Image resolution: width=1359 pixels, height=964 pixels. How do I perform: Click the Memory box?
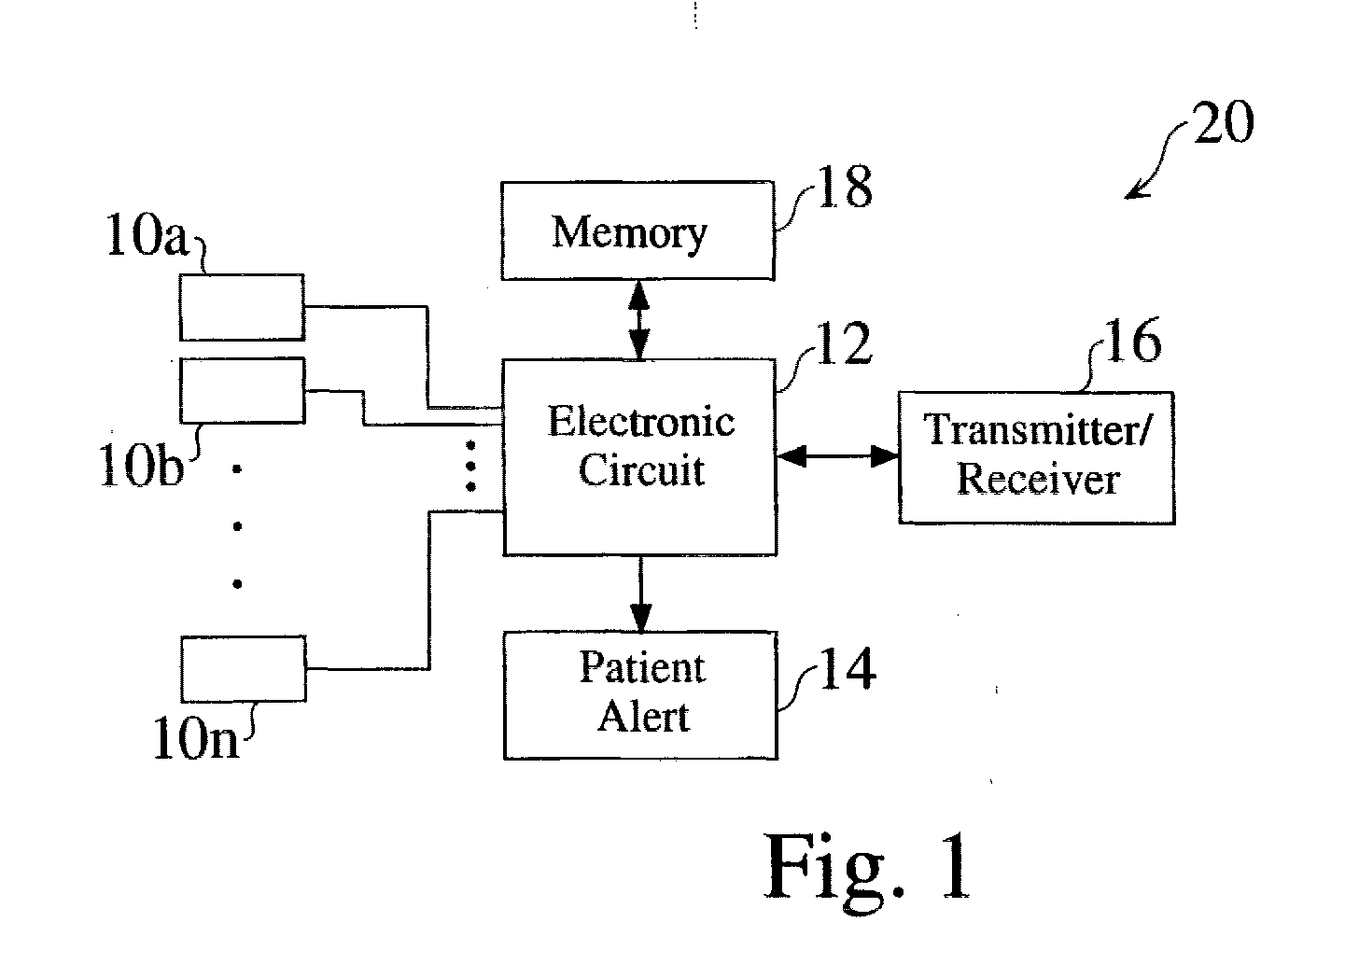point(637,231)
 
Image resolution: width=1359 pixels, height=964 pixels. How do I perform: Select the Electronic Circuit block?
point(639,457)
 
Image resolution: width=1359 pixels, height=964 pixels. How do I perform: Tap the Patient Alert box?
point(640,695)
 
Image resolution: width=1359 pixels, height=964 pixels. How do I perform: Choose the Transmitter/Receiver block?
point(1036,457)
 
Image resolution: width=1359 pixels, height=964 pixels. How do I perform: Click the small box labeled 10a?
point(242,307)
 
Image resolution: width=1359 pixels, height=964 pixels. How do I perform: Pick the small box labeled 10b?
point(242,390)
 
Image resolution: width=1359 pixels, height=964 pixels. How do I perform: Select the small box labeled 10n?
point(244,669)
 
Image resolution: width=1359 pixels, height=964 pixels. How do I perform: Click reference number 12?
point(844,345)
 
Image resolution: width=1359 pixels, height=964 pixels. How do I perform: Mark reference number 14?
point(847,670)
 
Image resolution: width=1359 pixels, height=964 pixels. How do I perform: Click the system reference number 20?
point(1224,123)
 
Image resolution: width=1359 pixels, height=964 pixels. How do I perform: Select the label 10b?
point(141,467)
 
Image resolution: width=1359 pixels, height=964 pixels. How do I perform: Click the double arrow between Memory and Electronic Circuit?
point(639,320)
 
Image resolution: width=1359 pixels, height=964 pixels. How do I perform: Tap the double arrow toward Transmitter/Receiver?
point(837,456)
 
